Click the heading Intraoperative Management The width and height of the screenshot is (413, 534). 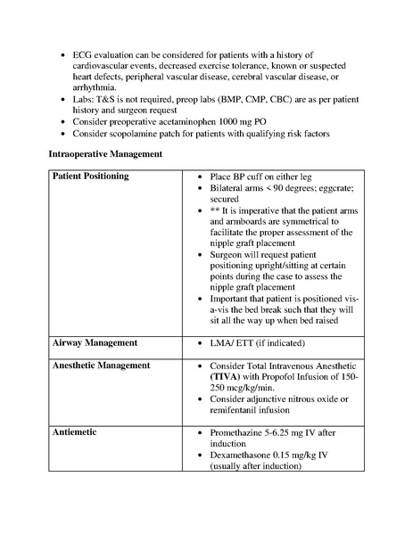coord(104,154)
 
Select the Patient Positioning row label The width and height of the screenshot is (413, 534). coord(90,177)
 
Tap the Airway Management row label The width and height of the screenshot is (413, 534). coord(92,342)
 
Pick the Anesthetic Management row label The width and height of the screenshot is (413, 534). coord(100,366)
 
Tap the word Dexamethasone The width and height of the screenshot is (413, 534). coord(245,454)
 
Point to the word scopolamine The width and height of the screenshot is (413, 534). coord(131,134)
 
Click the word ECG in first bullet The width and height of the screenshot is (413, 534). coord(83,55)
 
